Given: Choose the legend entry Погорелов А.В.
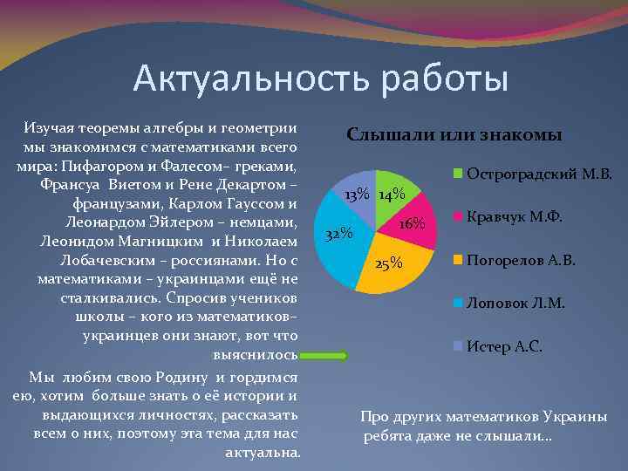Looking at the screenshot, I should pyautogui.click(x=520, y=260).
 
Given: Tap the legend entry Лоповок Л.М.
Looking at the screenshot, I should pyautogui.click(x=515, y=303).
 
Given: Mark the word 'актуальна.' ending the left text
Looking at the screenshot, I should pyautogui.click(x=263, y=453).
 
